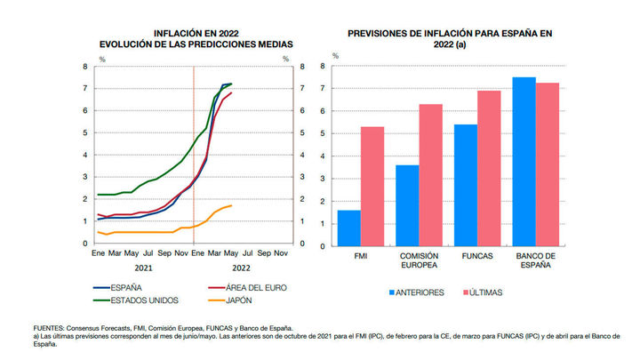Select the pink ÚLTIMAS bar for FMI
click(372, 186)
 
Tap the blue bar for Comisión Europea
click(407, 205)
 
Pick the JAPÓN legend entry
click(234, 300)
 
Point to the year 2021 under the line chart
click(142, 267)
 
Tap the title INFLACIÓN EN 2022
click(195, 33)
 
